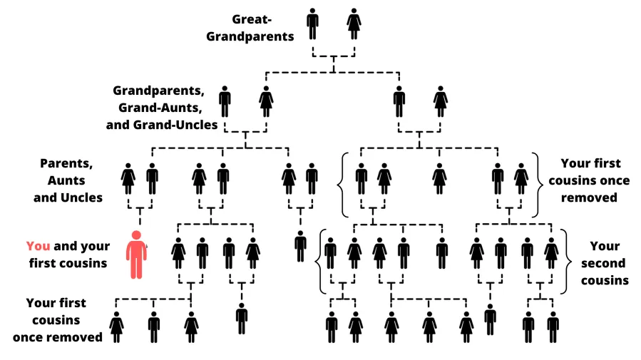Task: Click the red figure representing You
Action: point(136,254)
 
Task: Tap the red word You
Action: point(38,246)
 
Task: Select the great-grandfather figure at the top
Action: point(312,24)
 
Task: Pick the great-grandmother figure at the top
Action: point(354,24)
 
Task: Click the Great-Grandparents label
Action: point(250,26)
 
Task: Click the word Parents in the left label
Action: point(66,163)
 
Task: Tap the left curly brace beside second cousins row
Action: point(319,261)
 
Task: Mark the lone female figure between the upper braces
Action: point(439,178)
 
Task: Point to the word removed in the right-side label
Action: point(589,197)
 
